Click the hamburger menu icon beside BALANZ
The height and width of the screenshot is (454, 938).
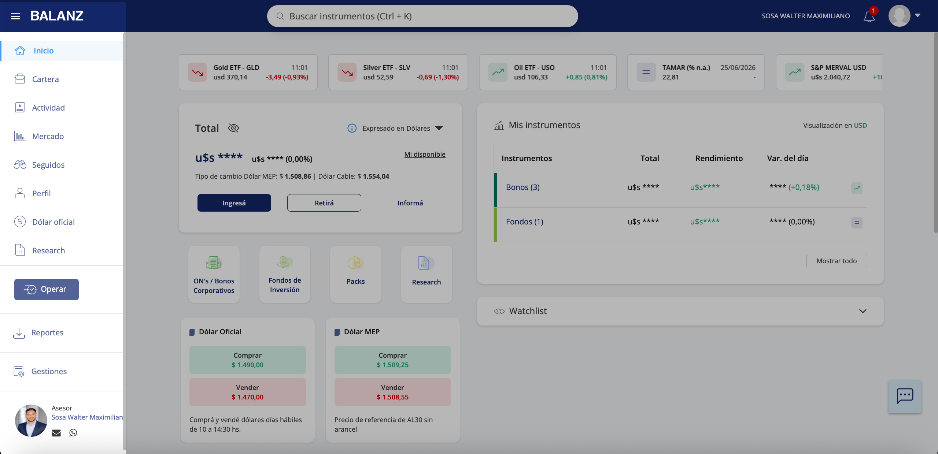click(x=15, y=16)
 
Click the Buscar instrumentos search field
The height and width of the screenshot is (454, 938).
click(x=422, y=16)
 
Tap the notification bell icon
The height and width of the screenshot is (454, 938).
click(x=869, y=16)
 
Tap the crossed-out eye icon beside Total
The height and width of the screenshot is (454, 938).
click(x=233, y=128)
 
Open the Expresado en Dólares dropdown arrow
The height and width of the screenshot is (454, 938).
click(x=439, y=128)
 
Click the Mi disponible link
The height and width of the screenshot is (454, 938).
click(x=425, y=154)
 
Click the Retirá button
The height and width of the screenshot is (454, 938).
click(x=324, y=203)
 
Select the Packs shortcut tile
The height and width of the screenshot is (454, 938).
click(x=356, y=274)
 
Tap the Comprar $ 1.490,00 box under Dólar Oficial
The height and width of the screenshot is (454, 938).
click(x=248, y=360)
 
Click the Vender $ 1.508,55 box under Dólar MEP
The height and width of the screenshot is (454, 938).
click(x=393, y=392)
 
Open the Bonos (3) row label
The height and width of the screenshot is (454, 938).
click(x=523, y=187)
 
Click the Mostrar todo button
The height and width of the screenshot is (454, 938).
click(x=837, y=261)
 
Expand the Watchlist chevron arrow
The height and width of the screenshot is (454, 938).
click(x=863, y=311)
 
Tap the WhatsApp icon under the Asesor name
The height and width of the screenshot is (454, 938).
click(x=73, y=433)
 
